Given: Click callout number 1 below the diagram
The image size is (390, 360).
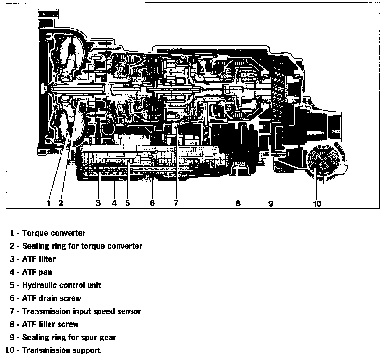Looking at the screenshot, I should point(48,203).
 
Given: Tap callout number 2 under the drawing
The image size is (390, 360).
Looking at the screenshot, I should point(61,203).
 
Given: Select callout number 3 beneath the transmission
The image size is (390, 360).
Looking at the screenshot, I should point(98,203).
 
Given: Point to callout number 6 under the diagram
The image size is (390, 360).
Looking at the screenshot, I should point(152,203).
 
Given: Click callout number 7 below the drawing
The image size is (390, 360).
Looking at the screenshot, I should point(176,203).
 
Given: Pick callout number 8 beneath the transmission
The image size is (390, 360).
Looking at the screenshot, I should point(238,204).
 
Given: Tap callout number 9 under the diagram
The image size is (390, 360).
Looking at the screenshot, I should point(271,204).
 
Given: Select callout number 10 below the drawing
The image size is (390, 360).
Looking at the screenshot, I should point(317,204).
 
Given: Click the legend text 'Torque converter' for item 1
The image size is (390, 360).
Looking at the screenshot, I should point(54,233).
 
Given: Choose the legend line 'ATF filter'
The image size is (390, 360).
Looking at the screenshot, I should point(39,259).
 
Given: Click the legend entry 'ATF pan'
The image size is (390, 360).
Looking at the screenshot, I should point(37,272).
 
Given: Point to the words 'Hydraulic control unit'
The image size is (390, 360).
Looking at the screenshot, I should point(61,285).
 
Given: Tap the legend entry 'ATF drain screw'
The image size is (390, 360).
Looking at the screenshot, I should point(52,298).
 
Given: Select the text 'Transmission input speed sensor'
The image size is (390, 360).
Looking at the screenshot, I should point(82,311).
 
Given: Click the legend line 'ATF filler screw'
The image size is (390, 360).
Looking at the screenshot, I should point(50,324).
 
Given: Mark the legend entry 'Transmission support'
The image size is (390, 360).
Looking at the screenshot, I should point(61,350).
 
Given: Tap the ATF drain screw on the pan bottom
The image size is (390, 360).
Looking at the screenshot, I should point(151,177).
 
